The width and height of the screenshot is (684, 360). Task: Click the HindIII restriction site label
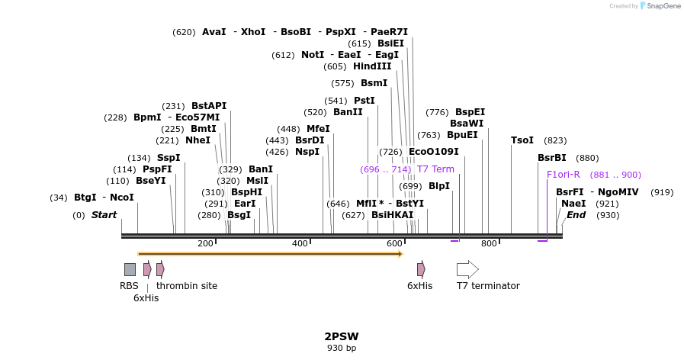[x=372, y=66]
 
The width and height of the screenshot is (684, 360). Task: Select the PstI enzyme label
[x=364, y=101]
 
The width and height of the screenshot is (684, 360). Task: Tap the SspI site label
[x=169, y=158]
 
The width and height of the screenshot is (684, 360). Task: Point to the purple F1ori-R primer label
[x=564, y=175]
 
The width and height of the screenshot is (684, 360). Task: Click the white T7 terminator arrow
[x=467, y=269]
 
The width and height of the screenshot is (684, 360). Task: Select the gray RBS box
[x=130, y=269]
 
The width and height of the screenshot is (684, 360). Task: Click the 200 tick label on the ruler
[x=205, y=243]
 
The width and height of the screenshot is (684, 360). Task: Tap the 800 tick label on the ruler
[x=489, y=243]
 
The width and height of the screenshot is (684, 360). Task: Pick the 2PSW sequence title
[x=342, y=336]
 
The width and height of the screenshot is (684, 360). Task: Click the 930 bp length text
[x=342, y=349]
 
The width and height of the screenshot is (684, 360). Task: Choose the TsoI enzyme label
[x=522, y=140]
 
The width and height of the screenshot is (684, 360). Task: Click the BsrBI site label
[x=552, y=158]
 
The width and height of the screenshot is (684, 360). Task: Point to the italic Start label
[x=104, y=215]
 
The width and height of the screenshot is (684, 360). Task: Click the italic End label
[x=576, y=215]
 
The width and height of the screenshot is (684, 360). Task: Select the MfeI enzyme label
[x=318, y=129]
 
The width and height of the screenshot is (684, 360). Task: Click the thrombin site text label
[x=187, y=286]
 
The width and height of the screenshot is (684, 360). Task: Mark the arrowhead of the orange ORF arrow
[x=400, y=253]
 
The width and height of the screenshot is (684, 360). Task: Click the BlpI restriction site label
[x=439, y=186]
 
